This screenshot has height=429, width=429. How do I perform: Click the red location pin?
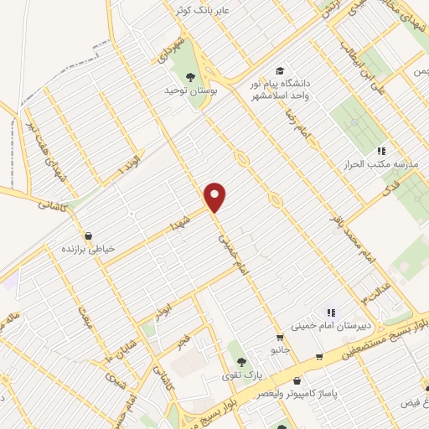[x=216, y=196]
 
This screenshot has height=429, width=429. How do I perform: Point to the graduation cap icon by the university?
[x=280, y=70]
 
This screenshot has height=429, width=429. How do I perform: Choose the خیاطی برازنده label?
[x=90, y=250]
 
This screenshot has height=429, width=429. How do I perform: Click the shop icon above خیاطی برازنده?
[x=90, y=235]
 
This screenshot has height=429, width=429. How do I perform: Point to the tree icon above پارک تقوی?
[x=241, y=362]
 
